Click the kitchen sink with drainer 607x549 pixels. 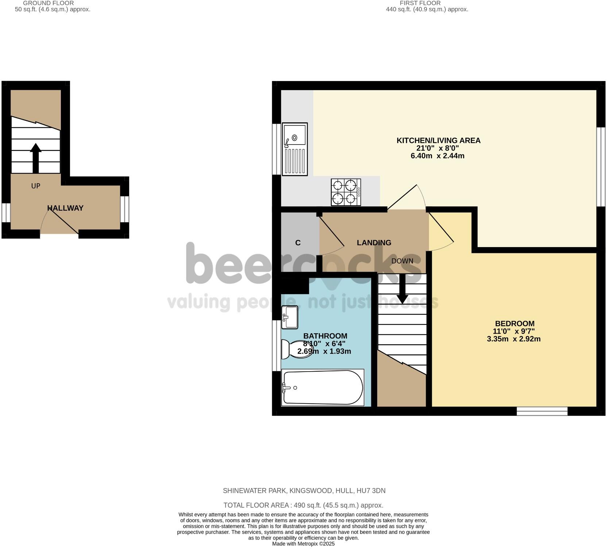295,149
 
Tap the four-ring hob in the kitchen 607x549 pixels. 345,192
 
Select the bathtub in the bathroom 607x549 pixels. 323,387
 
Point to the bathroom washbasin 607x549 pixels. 290,317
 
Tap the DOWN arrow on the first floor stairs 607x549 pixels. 402,288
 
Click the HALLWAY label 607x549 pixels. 65,208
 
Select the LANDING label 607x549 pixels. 374,243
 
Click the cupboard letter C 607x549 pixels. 298,243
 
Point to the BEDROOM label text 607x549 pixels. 514,323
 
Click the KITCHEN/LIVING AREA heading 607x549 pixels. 438,141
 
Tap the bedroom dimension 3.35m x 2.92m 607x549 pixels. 514,339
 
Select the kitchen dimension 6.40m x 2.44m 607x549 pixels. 437,156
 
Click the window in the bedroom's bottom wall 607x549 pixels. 542,411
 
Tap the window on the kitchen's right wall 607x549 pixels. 601,167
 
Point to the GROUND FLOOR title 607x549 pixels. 49,3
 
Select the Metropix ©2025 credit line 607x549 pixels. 303,544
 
